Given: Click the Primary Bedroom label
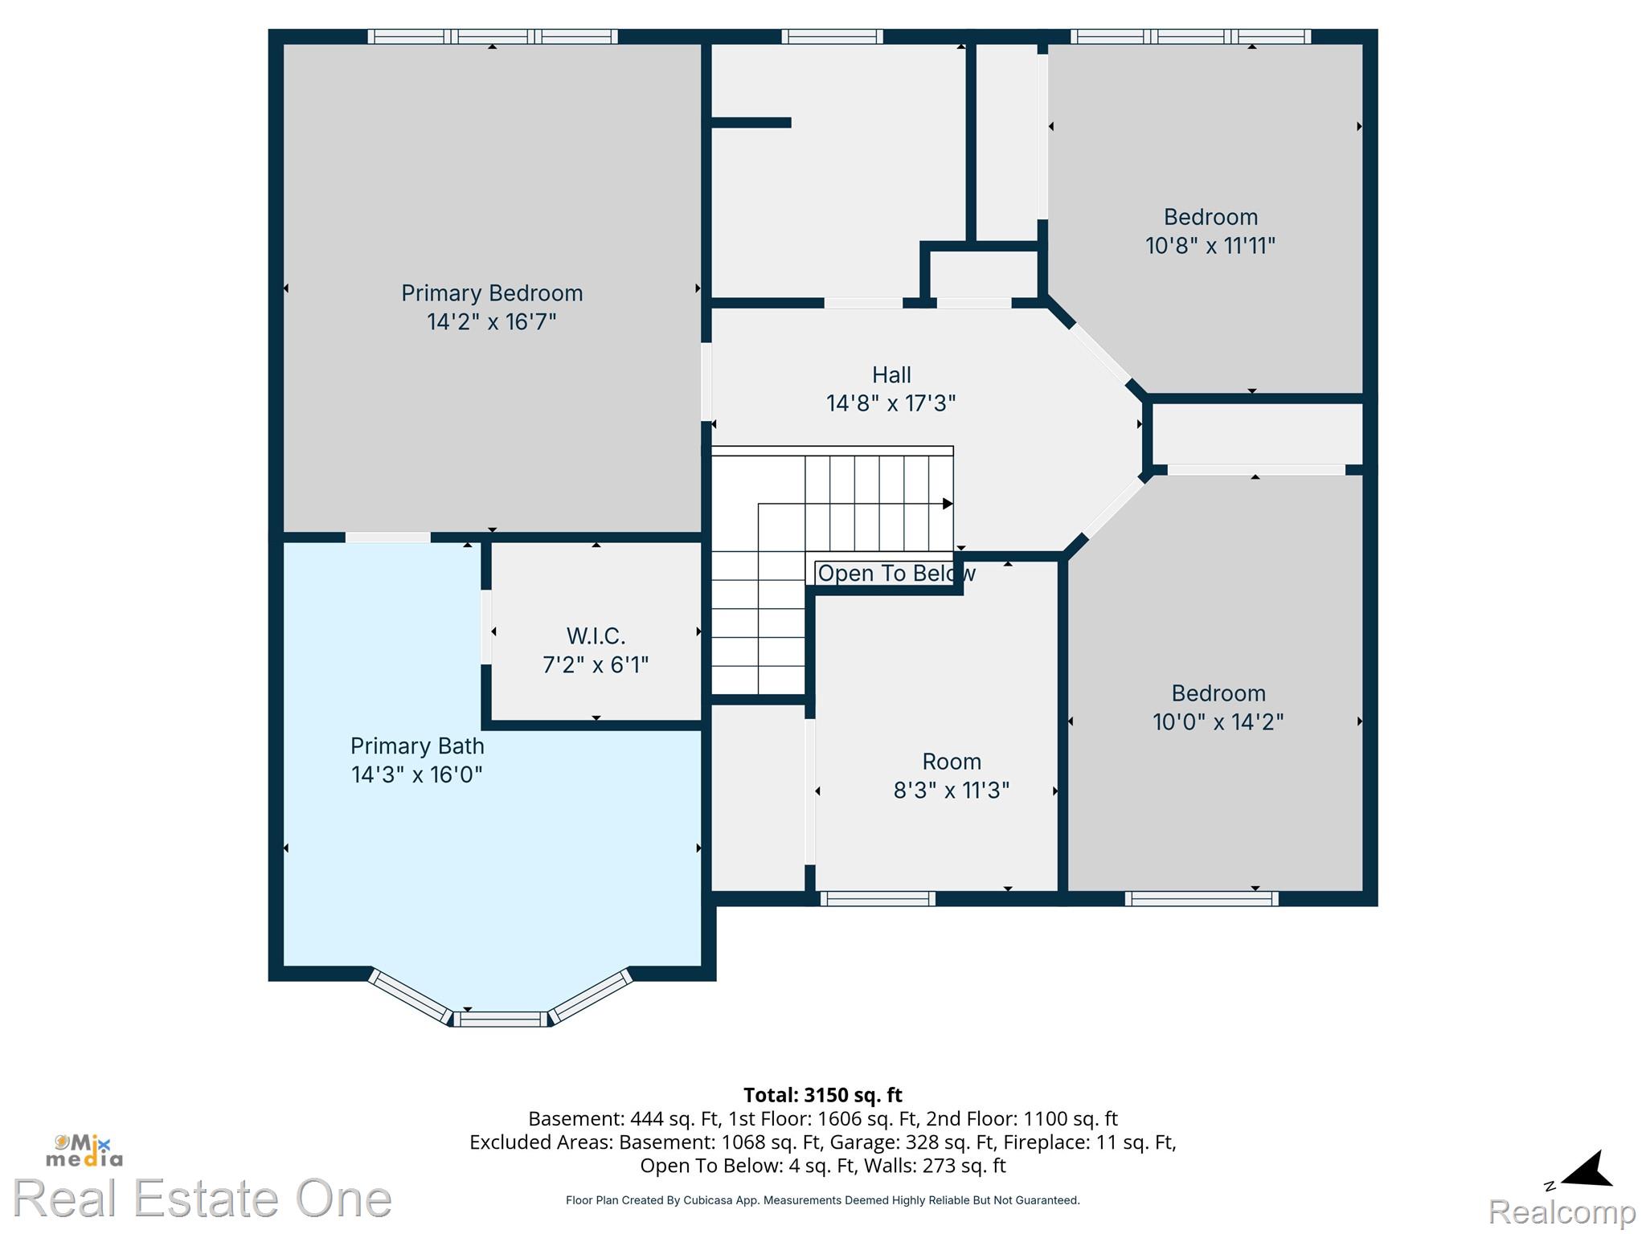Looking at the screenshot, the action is [492, 293].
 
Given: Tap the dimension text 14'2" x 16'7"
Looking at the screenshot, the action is [492, 322].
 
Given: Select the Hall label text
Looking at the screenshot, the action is [891, 375].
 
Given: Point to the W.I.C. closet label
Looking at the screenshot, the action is [596, 636].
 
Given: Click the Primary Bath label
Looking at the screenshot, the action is [417, 746].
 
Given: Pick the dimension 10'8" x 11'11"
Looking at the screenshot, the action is [1210, 246].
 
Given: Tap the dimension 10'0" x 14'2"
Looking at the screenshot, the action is [1218, 722].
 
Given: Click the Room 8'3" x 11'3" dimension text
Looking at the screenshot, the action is [952, 791].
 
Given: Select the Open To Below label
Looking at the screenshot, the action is [896, 574].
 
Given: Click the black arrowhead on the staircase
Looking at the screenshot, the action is [948, 504].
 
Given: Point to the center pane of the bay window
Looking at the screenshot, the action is [499, 1019].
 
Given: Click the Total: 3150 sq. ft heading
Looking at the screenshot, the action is [823, 1095].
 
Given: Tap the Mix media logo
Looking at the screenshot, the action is [84, 1150].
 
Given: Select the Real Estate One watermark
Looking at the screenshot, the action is [203, 1198].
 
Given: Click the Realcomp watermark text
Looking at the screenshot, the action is [1562, 1212].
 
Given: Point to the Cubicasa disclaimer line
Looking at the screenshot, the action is [823, 1200].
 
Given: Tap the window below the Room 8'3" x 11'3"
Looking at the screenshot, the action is [878, 899].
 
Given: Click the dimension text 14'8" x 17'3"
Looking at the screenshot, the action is [891, 403].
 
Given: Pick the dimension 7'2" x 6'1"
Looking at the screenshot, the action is [596, 665].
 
